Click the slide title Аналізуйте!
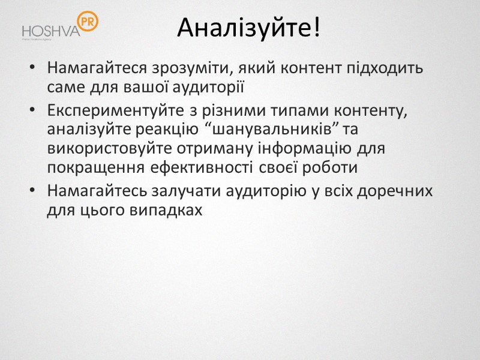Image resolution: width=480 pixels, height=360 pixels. click(x=248, y=28)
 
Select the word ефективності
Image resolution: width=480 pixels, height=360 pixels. click(x=181, y=167)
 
